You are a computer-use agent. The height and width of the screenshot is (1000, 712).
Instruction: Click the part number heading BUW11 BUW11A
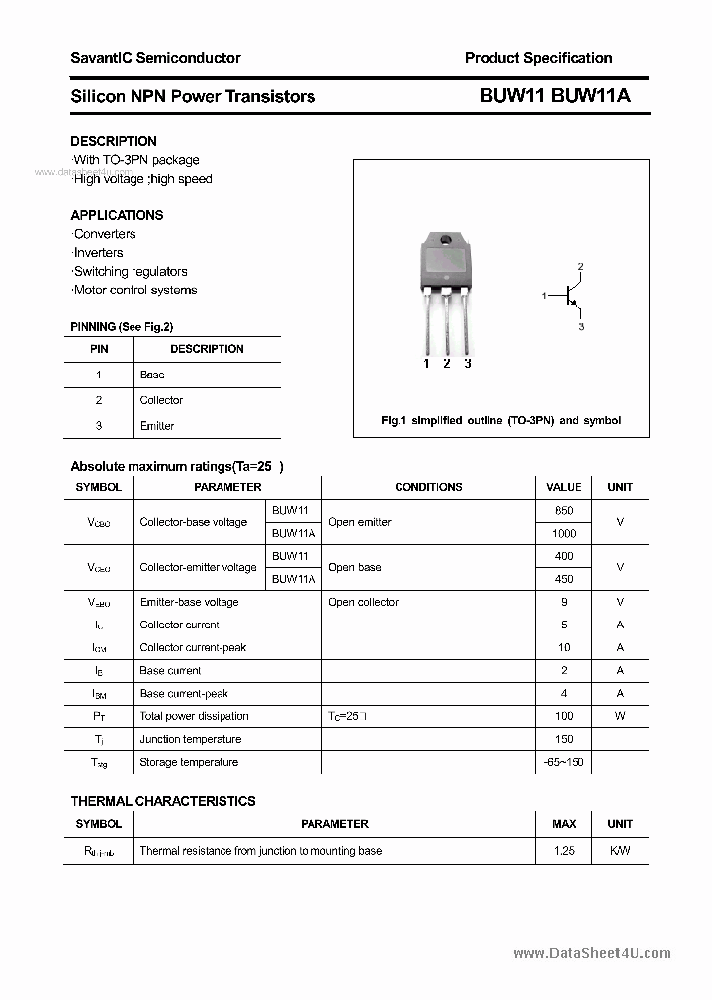coord(554,96)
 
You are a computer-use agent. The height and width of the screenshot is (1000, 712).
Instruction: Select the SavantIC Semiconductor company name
coord(155,58)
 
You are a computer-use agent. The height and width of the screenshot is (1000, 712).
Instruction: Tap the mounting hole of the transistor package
coord(445,241)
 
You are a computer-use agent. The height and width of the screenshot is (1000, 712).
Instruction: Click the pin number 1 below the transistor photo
coord(426,364)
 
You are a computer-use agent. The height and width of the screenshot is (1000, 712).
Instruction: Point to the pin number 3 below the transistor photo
coord(467,364)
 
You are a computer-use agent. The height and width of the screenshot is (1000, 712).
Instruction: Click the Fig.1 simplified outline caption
coord(500,420)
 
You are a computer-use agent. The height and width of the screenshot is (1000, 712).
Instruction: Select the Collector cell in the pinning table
coord(161,400)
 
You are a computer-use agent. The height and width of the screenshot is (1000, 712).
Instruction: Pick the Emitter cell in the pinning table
coord(157,426)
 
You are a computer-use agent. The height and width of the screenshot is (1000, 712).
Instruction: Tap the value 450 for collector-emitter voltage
coord(564,579)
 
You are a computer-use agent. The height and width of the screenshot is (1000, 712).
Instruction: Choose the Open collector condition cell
coord(363,602)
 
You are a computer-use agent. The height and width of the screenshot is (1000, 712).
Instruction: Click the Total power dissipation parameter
coord(194,716)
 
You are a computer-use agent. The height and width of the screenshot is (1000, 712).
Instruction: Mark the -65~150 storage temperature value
coord(564,762)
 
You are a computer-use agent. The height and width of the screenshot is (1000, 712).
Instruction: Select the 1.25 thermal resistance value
coord(564,850)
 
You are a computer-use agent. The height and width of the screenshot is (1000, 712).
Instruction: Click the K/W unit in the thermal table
coord(620,850)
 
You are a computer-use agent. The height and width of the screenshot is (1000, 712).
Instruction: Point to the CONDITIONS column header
coord(428,487)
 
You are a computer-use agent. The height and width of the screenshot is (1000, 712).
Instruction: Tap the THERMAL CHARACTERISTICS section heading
coord(162,801)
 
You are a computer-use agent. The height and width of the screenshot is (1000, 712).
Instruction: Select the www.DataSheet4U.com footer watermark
coord(592,953)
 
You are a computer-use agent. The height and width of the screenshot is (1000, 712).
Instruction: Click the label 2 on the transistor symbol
coord(581,267)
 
